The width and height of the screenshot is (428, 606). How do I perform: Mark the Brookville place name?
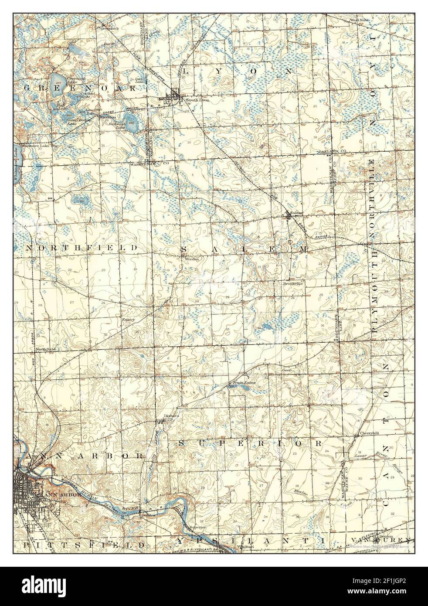pyautogui.click(x=293, y=283)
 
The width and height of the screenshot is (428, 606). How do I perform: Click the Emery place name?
pyautogui.click(x=129, y=319)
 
